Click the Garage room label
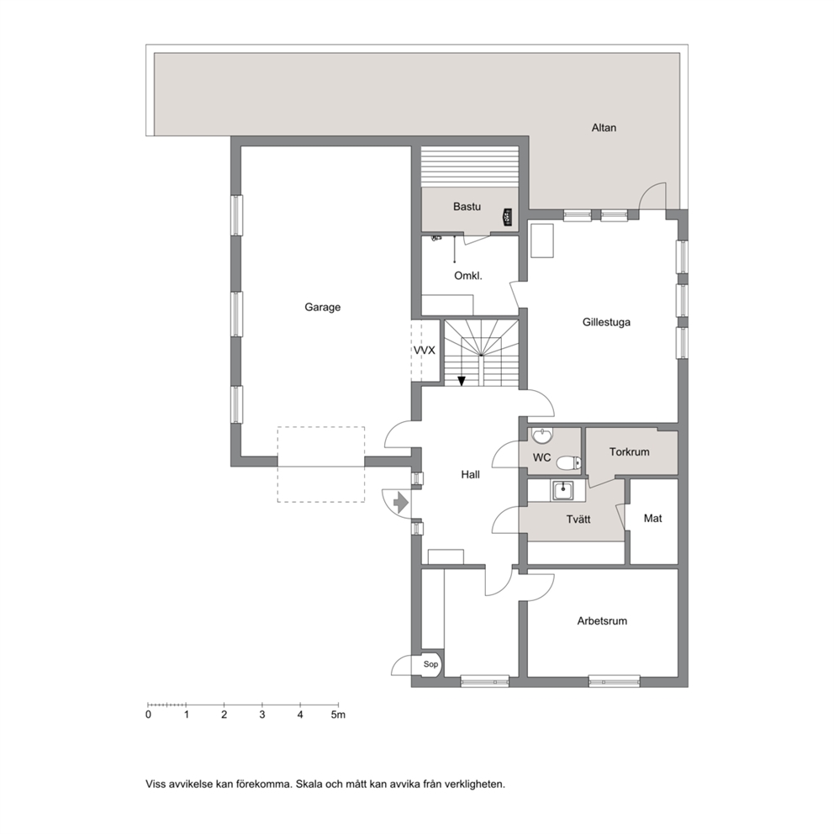tap(322, 307)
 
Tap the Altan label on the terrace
tap(604, 128)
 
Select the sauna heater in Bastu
tap(509, 218)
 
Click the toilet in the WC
tap(568, 463)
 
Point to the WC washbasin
tap(542, 436)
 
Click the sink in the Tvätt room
tap(562, 490)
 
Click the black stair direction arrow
tap(462, 380)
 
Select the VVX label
tap(425, 351)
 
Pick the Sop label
tap(430, 664)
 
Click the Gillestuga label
tap(606, 322)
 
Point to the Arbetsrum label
tap(602, 620)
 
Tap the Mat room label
tap(652, 518)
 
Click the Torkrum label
tap(629, 452)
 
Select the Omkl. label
tap(468, 276)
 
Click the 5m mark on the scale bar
tap(338, 715)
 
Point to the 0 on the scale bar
tap(149, 715)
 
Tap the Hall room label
tap(470, 474)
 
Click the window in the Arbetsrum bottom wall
tap(614, 681)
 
